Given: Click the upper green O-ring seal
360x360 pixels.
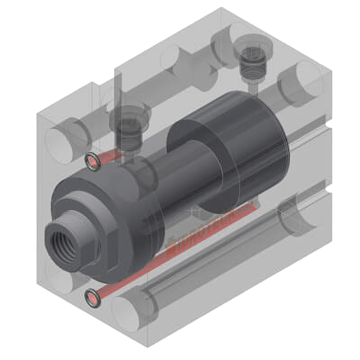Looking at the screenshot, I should tap(92, 161).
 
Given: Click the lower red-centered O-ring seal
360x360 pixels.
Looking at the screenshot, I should tap(92, 298).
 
